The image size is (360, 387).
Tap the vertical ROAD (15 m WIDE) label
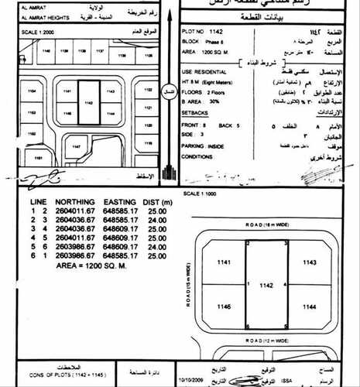coord(189,283)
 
